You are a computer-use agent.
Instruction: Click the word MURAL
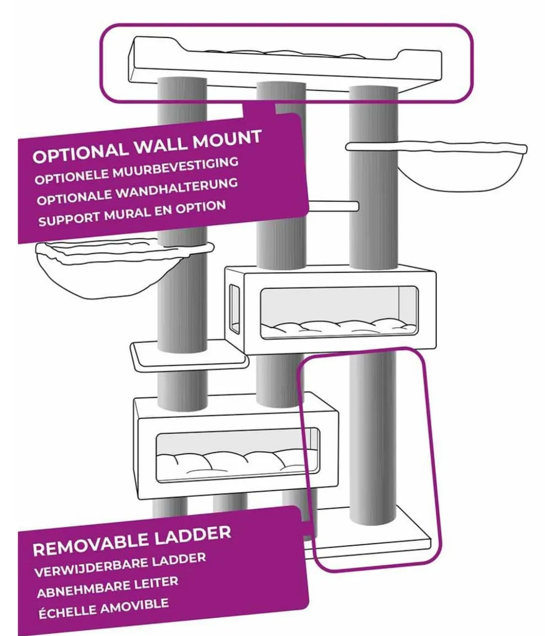click(127, 214)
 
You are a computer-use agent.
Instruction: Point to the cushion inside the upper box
click(338, 327)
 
